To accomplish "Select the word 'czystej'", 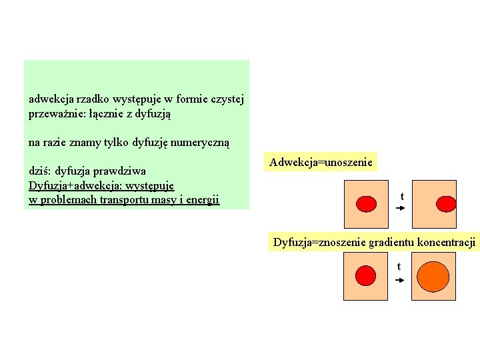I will [x=226, y=99].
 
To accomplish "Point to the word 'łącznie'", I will [x=106, y=114].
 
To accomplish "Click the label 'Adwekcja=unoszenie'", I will [x=321, y=162].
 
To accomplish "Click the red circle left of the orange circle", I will [x=366, y=275].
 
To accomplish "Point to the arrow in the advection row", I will [x=400, y=209].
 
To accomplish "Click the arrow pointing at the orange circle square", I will [x=400, y=281].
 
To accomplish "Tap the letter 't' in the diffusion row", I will [x=399, y=267].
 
